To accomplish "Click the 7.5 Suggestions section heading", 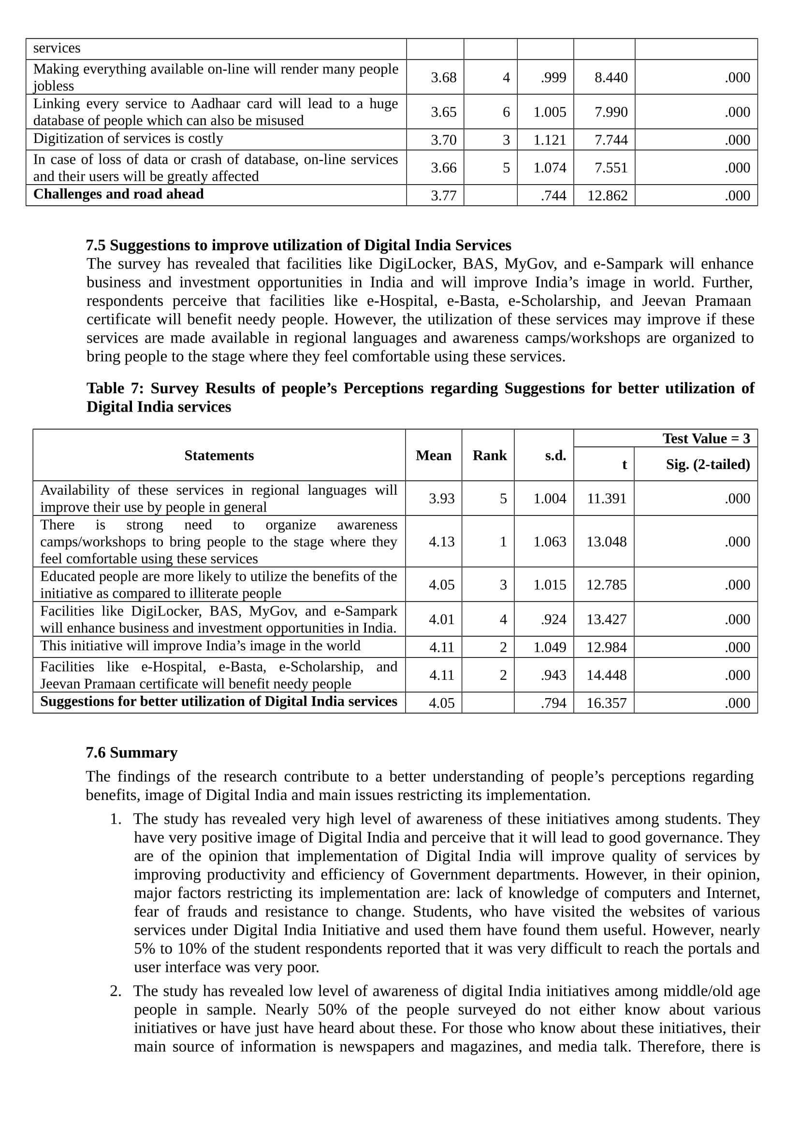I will (x=298, y=245).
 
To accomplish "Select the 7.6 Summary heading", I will (x=131, y=753).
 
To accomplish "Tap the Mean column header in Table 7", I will (x=433, y=455).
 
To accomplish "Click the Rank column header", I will (x=489, y=455).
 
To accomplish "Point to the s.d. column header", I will (x=555, y=456).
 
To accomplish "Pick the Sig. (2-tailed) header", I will (x=708, y=464).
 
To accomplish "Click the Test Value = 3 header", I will (x=706, y=439).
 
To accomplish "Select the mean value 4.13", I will (x=442, y=542).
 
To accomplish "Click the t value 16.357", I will (x=606, y=703).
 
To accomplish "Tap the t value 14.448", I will (x=606, y=675).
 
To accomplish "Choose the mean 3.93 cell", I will (x=442, y=499).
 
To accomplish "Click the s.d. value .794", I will (x=553, y=703).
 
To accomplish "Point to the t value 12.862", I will (x=607, y=195).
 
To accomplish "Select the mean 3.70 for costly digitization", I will (x=444, y=140).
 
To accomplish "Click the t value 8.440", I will (x=610, y=77).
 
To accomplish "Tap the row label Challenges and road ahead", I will (x=118, y=194).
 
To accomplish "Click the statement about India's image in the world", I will (x=201, y=646).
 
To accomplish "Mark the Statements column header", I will (x=219, y=455).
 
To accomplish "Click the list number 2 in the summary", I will (x=115, y=991).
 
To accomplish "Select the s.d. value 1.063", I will (x=550, y=542).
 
